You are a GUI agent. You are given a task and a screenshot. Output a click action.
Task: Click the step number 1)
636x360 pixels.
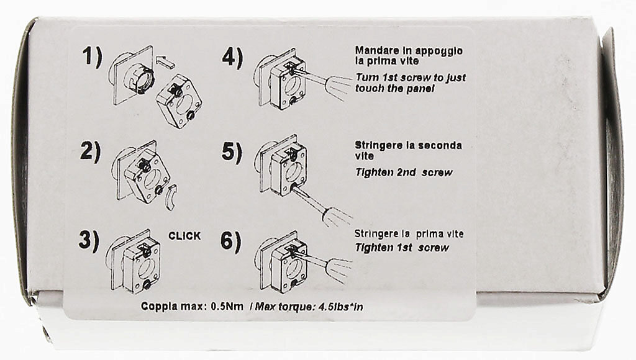[93, 57]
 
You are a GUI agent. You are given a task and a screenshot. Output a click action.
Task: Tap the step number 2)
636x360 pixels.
[90, 153]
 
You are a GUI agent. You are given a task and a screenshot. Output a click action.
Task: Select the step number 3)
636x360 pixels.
[89, 241]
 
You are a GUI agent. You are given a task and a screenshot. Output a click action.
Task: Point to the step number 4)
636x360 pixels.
[232, 58]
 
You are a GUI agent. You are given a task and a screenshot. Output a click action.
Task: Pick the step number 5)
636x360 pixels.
[232, 153]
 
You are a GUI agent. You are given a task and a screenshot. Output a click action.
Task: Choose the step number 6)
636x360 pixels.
[231, 241]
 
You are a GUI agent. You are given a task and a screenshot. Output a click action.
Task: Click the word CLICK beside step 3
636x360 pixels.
[184, 236]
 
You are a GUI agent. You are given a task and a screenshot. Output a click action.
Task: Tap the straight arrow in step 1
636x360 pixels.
[166, 61]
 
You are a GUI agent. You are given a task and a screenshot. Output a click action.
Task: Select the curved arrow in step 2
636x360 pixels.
[172, 197]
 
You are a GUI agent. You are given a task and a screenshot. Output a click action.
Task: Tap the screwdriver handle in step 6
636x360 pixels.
[338, 265]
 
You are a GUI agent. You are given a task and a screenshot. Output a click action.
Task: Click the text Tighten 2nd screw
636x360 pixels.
[404, 173]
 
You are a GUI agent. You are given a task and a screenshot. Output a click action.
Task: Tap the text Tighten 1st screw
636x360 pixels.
[402, 248]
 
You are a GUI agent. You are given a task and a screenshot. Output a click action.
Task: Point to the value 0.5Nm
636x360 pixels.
[227, 307]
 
